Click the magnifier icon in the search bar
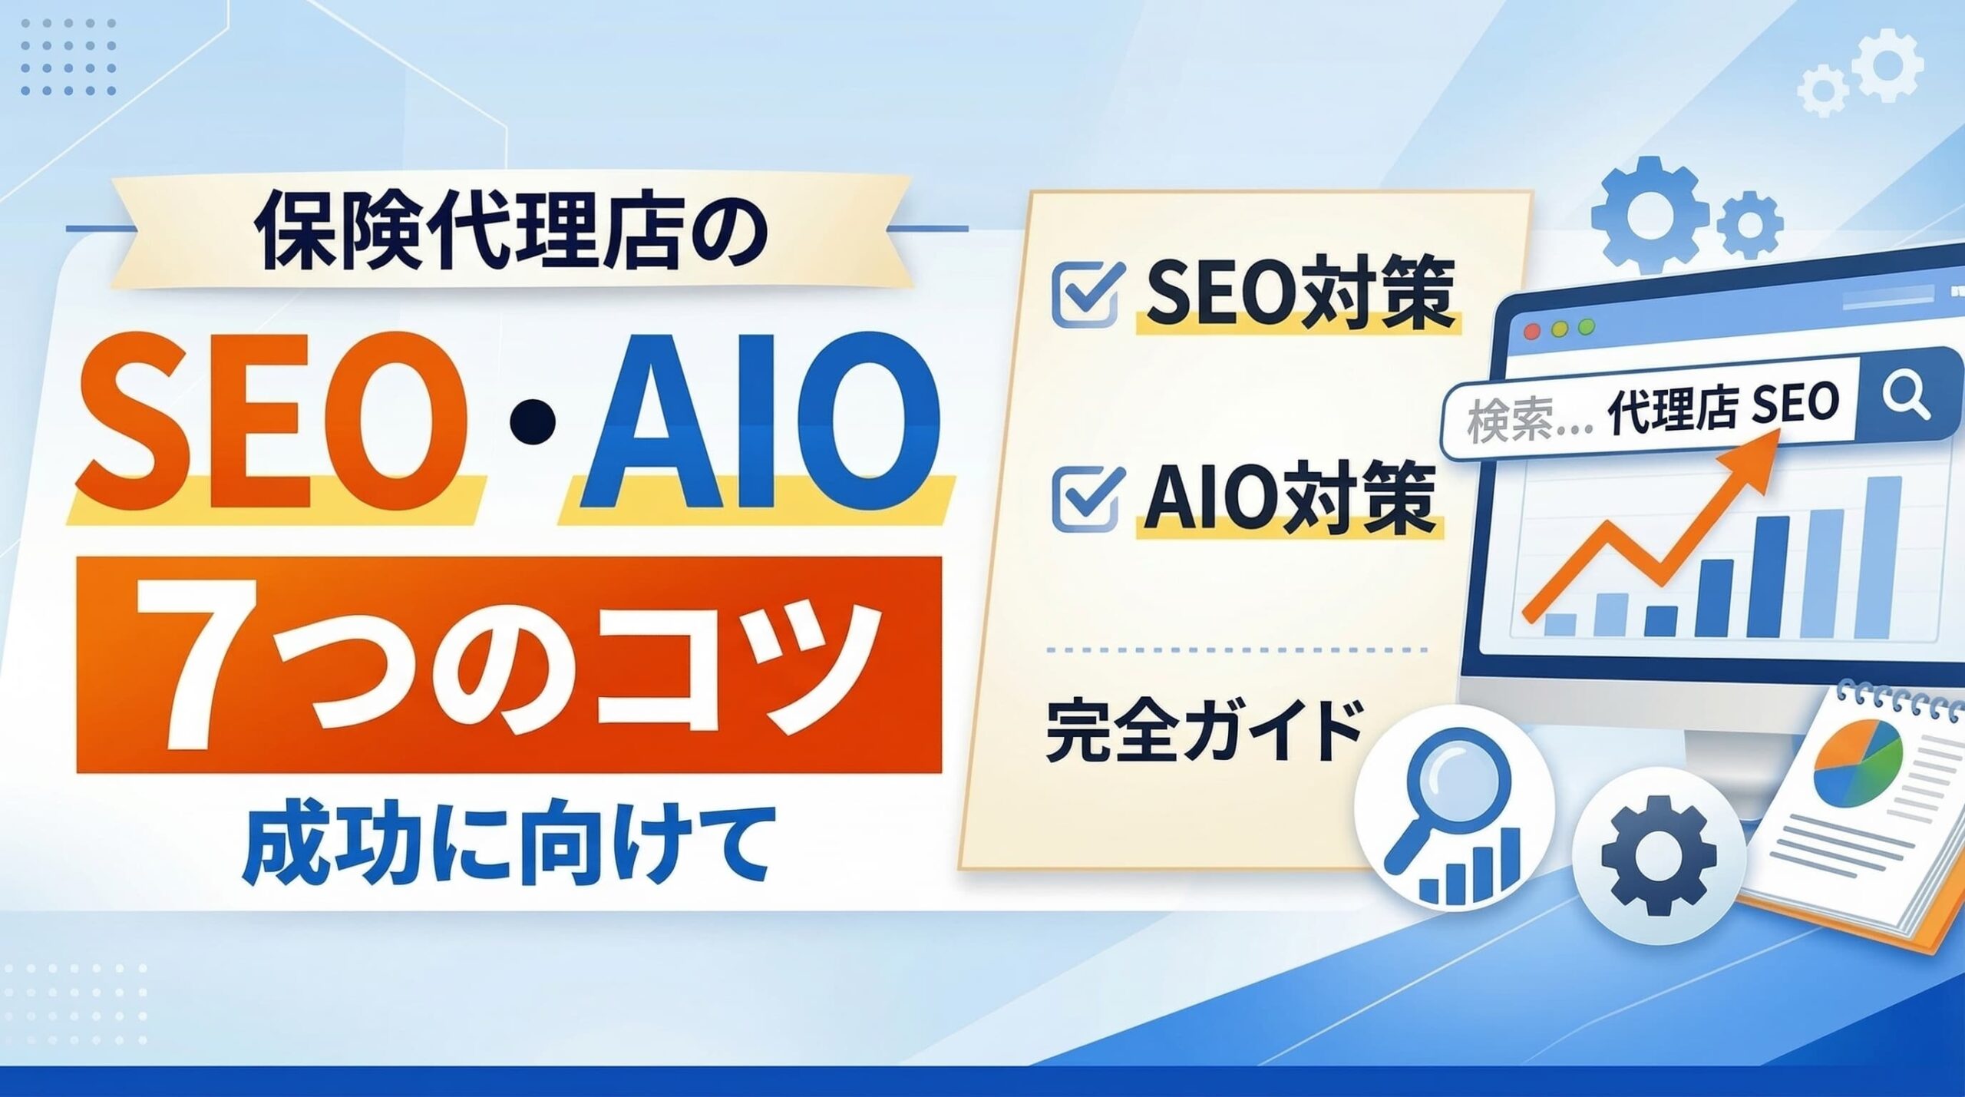click(x=1906, y=399)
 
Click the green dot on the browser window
click(x=1586, y=328)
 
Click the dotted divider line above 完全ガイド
click(x=1236, y=649)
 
